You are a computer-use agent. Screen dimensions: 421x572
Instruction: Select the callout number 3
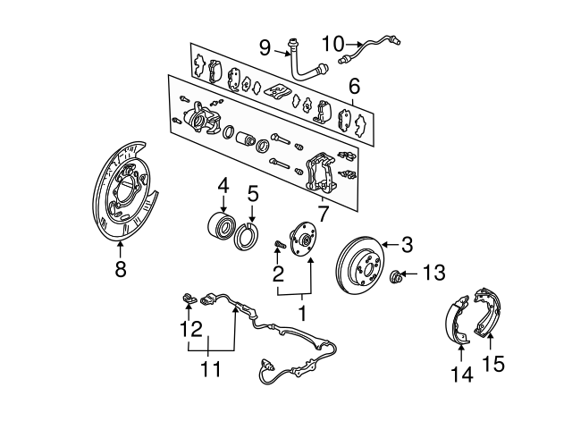408,244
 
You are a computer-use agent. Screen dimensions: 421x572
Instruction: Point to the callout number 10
332,42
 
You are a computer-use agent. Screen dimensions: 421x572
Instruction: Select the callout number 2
278,274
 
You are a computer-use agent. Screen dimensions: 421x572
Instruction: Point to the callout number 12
189,330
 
